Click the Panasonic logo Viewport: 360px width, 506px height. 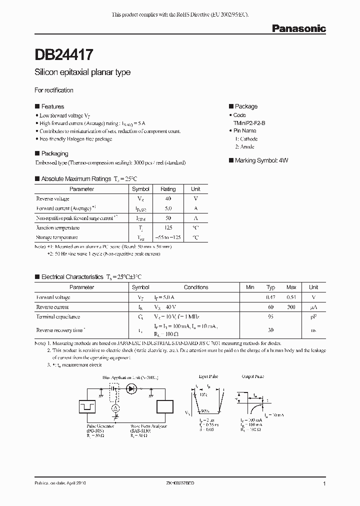(x=298, y=28)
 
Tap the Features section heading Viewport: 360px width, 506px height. (x=52, y=106)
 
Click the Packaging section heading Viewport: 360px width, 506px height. (x=54, y=153)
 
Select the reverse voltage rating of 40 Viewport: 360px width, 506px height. (x=168, y=198)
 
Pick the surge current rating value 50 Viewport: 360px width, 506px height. (x=168, y=218)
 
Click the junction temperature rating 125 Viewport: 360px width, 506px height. (x=168, y=227)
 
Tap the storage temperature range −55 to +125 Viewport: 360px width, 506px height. (x=168, y=237)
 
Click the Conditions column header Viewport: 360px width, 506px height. (x=196, y=287)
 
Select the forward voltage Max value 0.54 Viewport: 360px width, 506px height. (x=291, y=297)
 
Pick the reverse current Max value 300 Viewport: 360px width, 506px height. (x=291, y=307)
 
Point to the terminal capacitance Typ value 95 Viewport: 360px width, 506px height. (x=271, y=316)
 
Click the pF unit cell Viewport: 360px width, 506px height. (x=313, y=316)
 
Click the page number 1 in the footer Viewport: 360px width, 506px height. (x=324, y=484)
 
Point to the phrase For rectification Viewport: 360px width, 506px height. (x=53, y=90)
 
